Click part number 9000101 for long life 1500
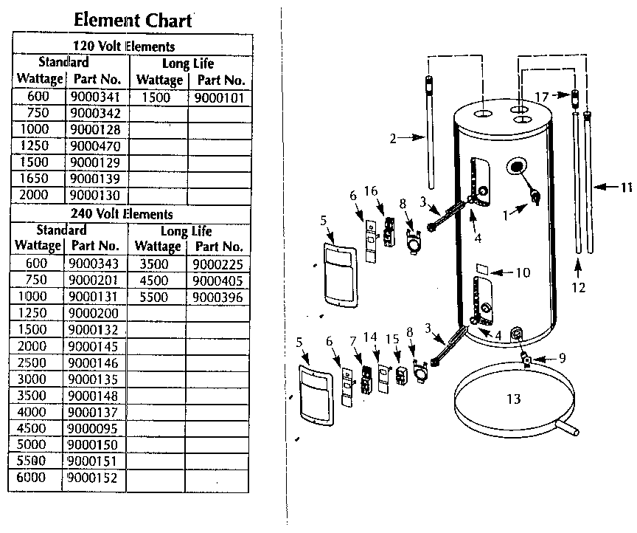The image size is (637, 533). pos(218,97)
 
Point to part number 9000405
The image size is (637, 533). pos(215,281)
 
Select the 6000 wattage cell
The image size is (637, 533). pos(34,478)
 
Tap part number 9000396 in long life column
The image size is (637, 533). pos(215,298)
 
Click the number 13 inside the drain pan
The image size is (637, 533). pos(513,399)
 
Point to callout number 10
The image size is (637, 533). pos(522,272)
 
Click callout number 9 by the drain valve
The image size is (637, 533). pos(562,359)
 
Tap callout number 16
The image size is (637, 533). pos(371,191)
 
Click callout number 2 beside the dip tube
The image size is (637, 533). pos(393,137)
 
